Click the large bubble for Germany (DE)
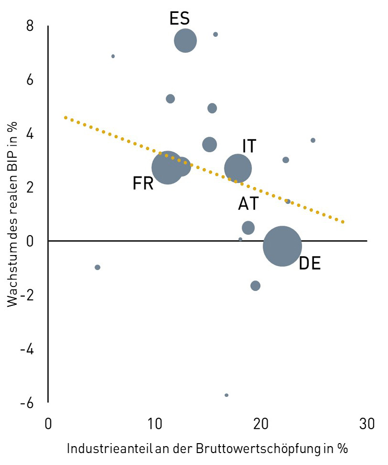(x=282, y=246)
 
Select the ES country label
(x=180, y=19)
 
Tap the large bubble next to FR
(x=168, y=168)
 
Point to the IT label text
(x=249, y=146)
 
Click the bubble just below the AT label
(x=248, y=228)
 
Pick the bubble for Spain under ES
(x=186, y=40)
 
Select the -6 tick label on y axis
(x=27, y=402)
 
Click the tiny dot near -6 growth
(x=226, y=395)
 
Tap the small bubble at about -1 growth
(x=97, y=267)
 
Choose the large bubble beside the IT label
(x=238, y=168)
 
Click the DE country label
(x=309, y=263)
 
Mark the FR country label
(x=143, y=184)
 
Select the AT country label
(x=248, y=204)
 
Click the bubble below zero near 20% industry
(x=256, y=285)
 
